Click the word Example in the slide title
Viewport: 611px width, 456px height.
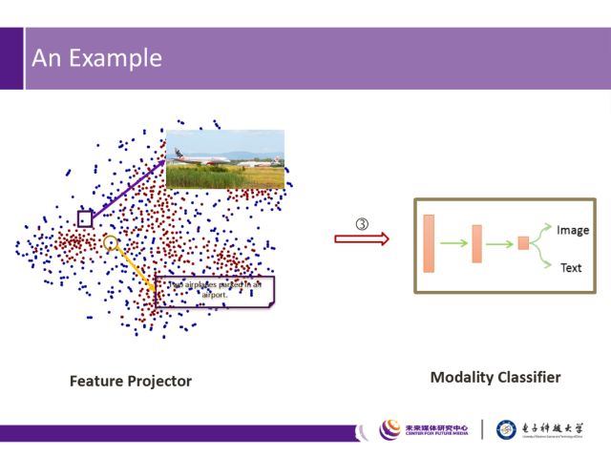[120, 59]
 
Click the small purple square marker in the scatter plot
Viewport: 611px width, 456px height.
[85, 218]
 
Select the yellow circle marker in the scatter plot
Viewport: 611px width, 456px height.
[111, 243]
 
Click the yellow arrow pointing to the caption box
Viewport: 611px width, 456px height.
[136, 269]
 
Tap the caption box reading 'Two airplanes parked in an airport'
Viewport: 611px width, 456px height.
[214, 290]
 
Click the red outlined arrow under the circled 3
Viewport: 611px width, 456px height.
[362, 238]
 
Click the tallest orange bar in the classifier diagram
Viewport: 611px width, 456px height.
[429, 243]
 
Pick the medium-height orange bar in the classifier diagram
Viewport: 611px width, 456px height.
[477, 243]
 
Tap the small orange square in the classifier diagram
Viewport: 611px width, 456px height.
[523, 243]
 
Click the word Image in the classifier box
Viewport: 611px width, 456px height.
[573, 230]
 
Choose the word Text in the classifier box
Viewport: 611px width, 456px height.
[571, 268]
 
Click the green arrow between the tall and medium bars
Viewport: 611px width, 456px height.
[453, 243]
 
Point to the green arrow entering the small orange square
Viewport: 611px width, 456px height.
[501, 243]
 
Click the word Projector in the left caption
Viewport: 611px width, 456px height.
[158, 382]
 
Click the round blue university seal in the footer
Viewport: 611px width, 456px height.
[508, 430]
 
